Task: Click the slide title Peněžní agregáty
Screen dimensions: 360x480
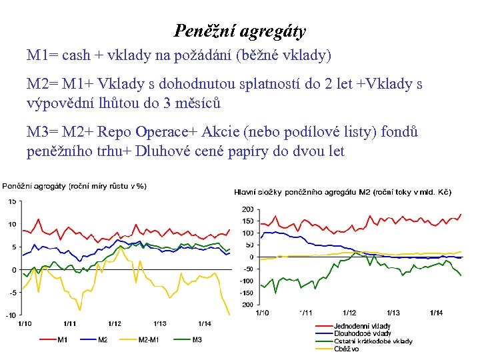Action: pos(240,31)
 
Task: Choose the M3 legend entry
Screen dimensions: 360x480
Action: pos(197,340)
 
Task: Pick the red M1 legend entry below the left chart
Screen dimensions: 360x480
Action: pos(62,340)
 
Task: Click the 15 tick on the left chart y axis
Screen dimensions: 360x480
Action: pos(12,201)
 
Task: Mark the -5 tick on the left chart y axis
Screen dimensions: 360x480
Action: pos(11,293)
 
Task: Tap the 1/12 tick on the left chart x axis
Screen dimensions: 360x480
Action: pos(115,323)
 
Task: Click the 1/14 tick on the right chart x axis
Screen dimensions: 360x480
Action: pos(436,312)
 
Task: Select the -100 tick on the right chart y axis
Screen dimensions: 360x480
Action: pos(247,281)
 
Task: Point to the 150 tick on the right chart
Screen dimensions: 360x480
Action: pos(247,221)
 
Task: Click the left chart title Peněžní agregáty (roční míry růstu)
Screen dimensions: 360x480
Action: pos(74,186)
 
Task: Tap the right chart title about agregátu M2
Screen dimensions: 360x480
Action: pos(343,192)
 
